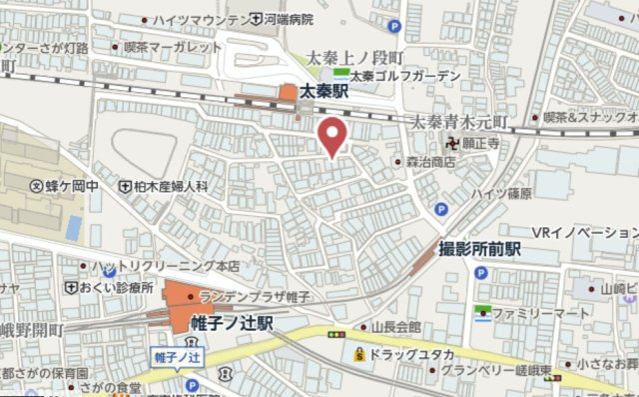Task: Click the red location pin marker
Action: tap(332, 135)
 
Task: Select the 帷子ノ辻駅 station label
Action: tap(232, 323)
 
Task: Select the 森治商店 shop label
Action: tap(430, 160)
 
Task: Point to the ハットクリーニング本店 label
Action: tap(165, 267)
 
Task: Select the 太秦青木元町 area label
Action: tap(460, 122)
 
